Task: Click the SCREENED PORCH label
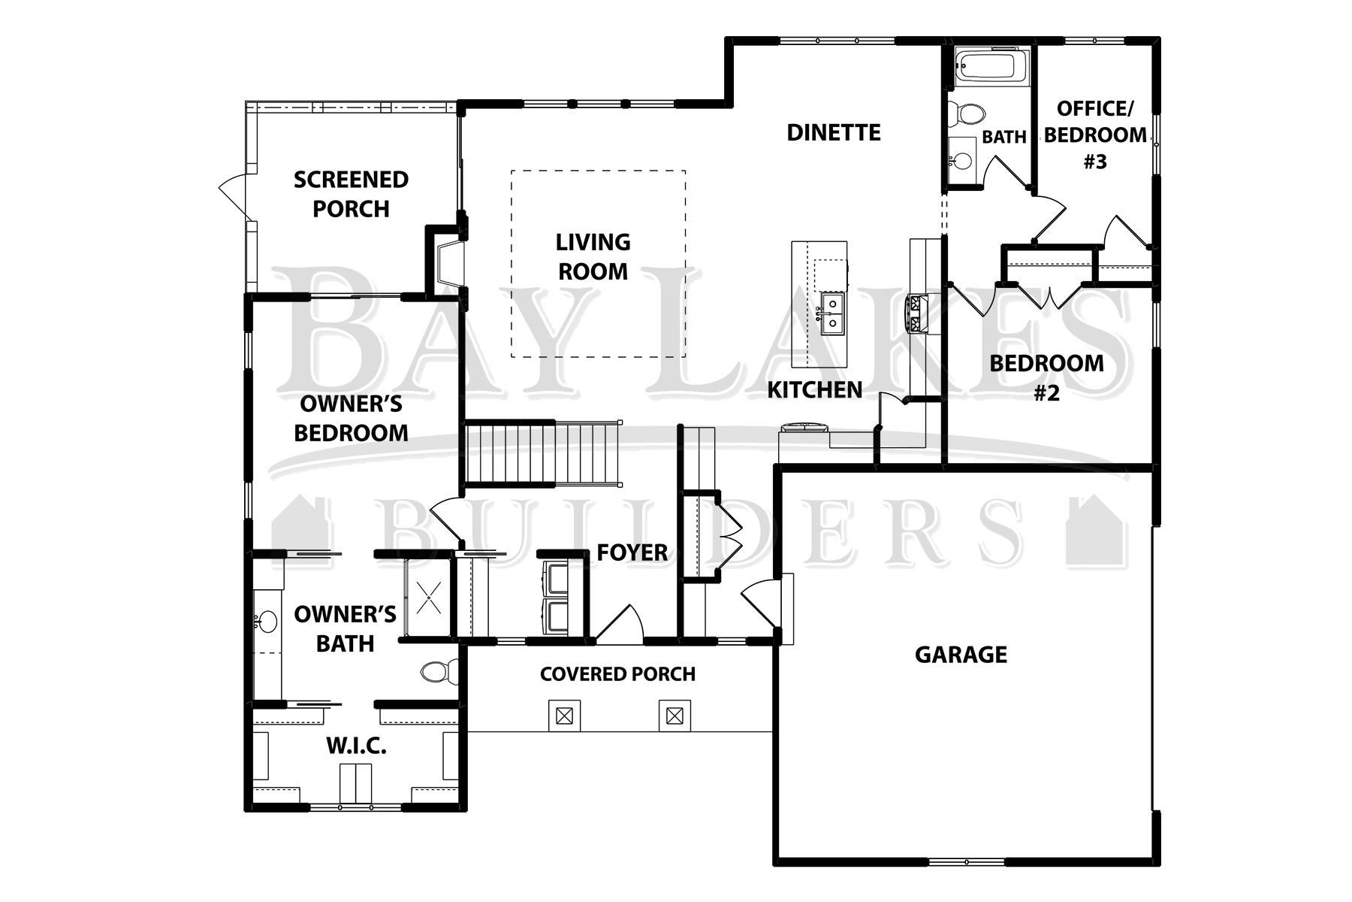point(351,194)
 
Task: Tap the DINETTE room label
point(834,133)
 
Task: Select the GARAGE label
point(961,655)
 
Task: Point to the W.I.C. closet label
point(356,746)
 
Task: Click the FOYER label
point(632,552)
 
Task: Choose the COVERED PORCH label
point(617,674)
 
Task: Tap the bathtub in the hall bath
point(988,68)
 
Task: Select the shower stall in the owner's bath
point(428,598)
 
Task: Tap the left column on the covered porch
point(564,716)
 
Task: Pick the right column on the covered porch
point(674,716)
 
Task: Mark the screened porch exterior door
point(235,196)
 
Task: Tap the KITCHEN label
point(815,390)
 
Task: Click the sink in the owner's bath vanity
point(264,622)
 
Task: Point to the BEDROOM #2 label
point(1046,377)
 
